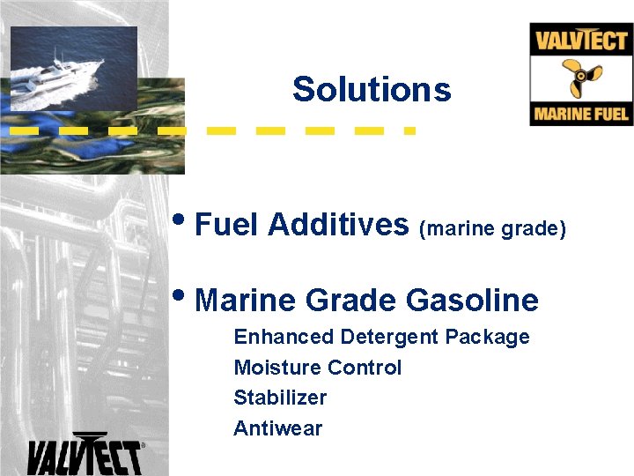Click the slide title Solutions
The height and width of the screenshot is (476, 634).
tap(372, 89)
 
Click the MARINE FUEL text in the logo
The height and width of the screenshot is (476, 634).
tap(581, 115)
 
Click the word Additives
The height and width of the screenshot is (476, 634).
tap(338, 225)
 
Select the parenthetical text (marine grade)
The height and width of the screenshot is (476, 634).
tap(491, 228)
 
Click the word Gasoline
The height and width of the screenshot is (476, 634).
tap(472, 301)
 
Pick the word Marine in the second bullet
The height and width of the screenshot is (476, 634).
tap(246, 301)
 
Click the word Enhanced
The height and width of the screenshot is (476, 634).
tap(284, 337)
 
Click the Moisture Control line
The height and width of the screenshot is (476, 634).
tap(317, 368)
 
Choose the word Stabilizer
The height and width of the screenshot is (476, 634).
tap(279, 398)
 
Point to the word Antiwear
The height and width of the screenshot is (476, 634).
tap(277, 428)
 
